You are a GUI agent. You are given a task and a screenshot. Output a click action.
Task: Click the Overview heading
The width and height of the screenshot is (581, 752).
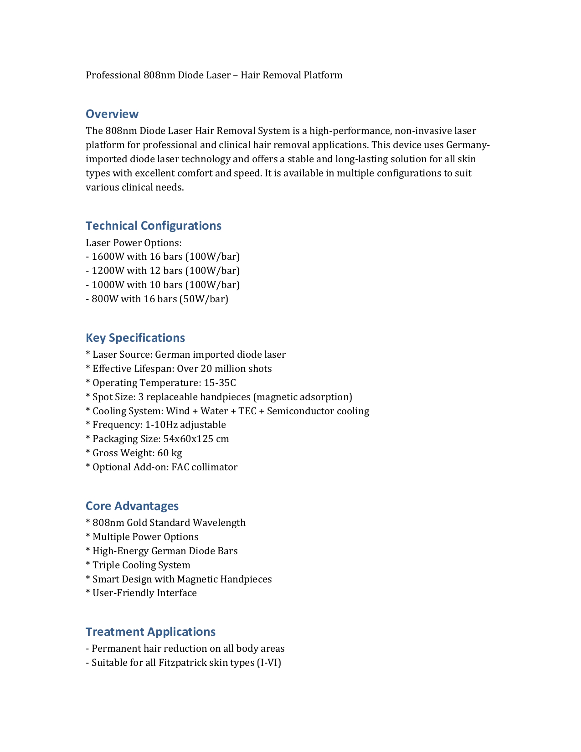point(112,114)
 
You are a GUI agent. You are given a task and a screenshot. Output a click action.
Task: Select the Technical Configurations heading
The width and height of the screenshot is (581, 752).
point(153,226)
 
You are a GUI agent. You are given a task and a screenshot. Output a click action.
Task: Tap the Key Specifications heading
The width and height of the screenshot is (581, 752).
point(135,338)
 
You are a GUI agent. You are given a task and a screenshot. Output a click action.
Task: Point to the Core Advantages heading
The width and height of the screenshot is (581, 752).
point(132,506)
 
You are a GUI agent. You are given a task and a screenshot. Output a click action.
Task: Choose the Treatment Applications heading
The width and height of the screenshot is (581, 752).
point(150,632)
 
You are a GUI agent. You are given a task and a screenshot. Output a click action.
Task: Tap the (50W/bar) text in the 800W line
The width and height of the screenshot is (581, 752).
point(204,299)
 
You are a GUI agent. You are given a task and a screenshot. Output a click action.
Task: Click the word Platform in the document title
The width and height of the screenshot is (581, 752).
point(324,75)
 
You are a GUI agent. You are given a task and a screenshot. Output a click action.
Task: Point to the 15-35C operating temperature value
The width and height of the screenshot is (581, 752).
point(220,383)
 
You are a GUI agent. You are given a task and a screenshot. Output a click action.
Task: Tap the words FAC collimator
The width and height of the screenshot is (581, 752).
point(204,467)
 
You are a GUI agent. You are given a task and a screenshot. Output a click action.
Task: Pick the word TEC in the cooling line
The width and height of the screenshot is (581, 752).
point(247,411)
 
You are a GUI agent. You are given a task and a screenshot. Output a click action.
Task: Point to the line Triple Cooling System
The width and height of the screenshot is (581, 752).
point(141,565)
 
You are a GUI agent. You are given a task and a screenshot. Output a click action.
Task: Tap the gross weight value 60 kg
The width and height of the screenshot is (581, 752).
point(170,453)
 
